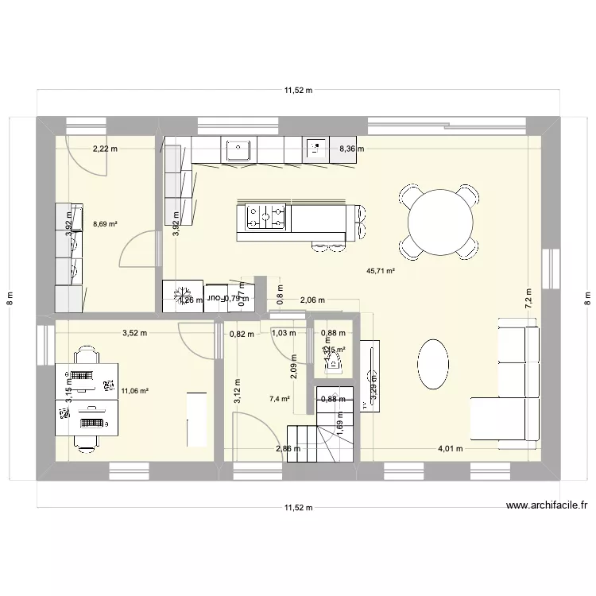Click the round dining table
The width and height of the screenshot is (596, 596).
point(443,222)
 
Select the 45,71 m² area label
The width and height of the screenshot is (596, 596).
point(381,271)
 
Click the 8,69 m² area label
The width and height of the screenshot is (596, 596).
point(105,225)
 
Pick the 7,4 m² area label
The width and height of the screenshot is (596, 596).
point(279,399)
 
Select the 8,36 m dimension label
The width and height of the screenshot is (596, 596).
point(351,149)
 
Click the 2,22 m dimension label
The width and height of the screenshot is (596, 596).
point(104,149)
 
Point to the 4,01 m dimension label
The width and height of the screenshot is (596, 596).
point(451,448)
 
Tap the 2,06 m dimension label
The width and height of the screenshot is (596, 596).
point(312,300)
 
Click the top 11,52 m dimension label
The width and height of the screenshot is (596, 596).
point(298,91)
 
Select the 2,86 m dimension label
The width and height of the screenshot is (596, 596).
point(288,449)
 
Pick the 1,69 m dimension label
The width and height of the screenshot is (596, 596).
point(340,430)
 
